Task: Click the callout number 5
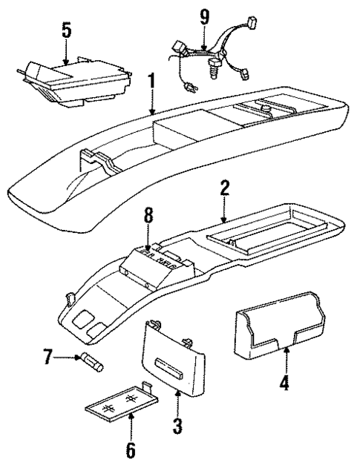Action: [66, 32]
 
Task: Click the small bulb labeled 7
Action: [95, 363]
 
